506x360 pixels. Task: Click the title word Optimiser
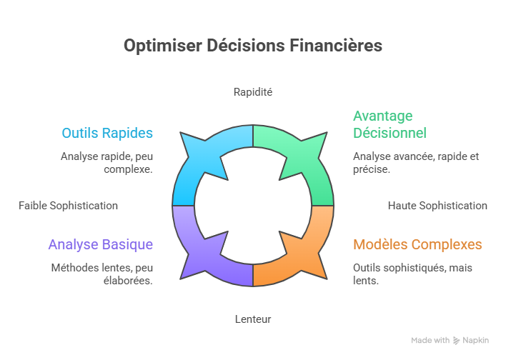[152, 46]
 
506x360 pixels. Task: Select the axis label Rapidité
[253, 92]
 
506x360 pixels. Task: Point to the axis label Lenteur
[253, 319]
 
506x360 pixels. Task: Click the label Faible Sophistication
[68, 206]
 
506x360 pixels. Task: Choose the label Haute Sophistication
[437, 206]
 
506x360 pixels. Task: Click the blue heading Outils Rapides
[107, 134]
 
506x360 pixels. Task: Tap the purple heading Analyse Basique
[101, 244]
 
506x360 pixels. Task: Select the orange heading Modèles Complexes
[417, 244]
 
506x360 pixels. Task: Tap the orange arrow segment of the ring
[304, 254]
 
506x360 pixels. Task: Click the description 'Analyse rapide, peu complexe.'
[107, 163]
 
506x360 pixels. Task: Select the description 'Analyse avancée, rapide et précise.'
[405, 163]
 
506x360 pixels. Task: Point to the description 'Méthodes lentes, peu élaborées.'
[102, 274]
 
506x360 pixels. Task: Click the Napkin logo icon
[457, 341]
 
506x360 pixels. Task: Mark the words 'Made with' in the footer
[430, 341]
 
